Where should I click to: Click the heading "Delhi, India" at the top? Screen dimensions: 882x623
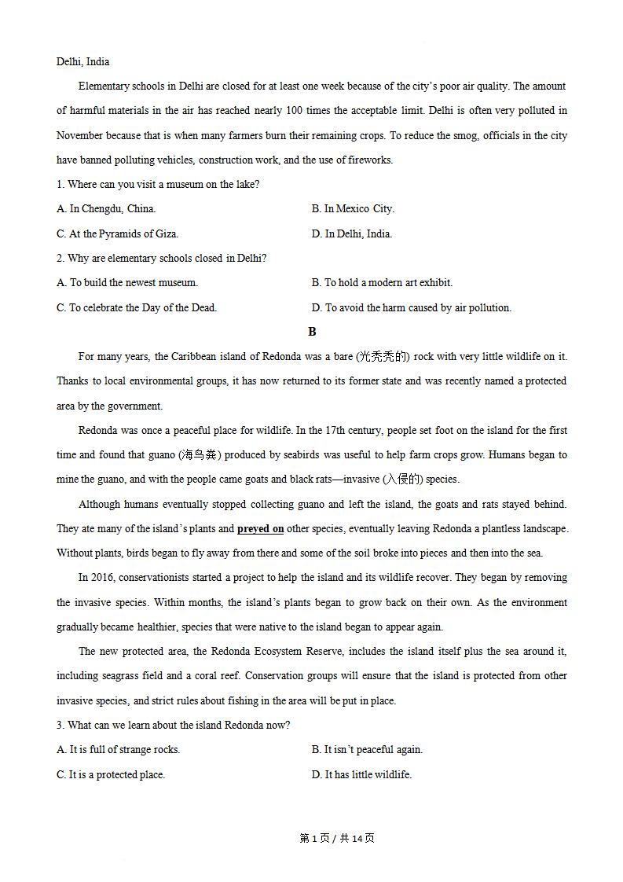[82, 62]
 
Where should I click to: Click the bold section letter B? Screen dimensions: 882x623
[312, 332]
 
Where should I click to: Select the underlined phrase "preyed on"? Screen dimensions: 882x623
[260, 529]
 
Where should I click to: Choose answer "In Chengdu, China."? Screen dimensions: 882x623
[106, 209]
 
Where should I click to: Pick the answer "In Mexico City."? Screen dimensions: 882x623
[353, 209]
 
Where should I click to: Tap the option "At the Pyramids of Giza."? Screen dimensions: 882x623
[118, 233]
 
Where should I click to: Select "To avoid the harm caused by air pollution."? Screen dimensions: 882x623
[411, 307]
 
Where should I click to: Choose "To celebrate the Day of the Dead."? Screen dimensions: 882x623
[137, 307]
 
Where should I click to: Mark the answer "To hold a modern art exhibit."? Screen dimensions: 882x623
[382, 282]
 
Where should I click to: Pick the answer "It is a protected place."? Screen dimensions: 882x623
[111, 774]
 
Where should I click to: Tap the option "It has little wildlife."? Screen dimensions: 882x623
[361, 774]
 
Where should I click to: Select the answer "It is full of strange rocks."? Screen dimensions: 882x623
[119, 750]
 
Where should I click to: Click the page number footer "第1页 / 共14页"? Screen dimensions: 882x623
[337, 838]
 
